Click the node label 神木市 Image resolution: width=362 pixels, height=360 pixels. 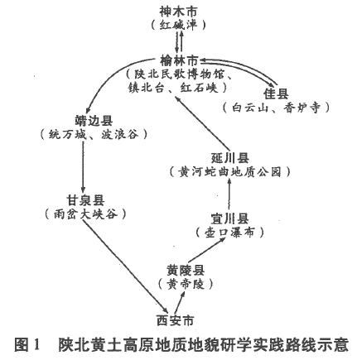pyautogui.click(x=179, y=12)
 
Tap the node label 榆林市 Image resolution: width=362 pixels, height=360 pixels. pyautogui.click(x=179, y=60)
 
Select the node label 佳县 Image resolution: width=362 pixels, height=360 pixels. pyautogui.click(x=276, y=94)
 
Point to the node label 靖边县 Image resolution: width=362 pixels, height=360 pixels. pyautogui.click(x=94, y=122)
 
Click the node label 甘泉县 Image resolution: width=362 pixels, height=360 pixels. pyautogui.click(x=85, y=200)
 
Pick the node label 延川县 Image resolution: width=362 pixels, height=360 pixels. pyautogui.click(x=230, y=158)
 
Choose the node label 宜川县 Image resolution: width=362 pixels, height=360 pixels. pyautogui.click(x=229, y=218)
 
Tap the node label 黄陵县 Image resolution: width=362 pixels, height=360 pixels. pyautogui.click(x=186, y=271)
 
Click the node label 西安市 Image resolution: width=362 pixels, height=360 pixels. pyautogui.click(x=176, y=321)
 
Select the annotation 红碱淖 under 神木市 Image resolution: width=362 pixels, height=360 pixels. pyautogui.click(x=178, y=26)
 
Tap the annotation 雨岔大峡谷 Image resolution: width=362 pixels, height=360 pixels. pyautogui.click(x=85, y=214)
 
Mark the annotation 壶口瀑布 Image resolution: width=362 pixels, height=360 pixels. pyautogui.click(x=229, y=233)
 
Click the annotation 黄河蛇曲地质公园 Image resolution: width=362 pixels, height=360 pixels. pyautogui.click(x=229, y=172)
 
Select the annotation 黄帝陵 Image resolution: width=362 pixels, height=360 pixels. pyautogui.click(x=186, y=284)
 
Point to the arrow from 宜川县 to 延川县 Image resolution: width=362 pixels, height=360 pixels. pyautogui.click(x=229, y=193)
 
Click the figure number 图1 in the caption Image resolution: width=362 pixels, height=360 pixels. pyautogui.click(x=27, y=344)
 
